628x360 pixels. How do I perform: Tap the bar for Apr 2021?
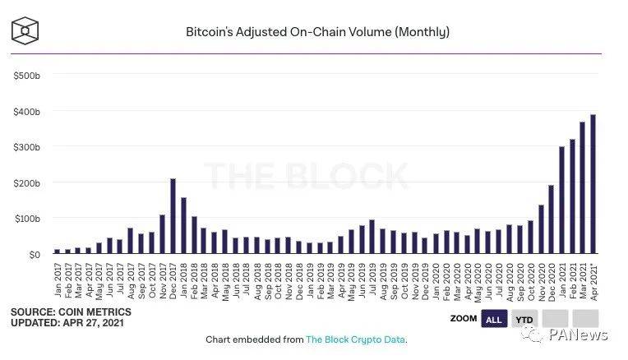[593, 184]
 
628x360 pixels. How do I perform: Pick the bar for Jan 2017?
[57, 251]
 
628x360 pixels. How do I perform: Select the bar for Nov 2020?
[541, 229]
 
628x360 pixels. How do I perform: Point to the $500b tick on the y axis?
[26, 76]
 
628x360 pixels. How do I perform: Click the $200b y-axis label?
[26, 182]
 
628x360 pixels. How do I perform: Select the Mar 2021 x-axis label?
[582, 278]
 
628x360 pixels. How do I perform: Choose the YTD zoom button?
[523, 319]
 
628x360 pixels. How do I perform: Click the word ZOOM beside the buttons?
[464, 319]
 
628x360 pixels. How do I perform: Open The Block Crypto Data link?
[356, 339]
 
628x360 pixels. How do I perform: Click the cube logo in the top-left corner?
[25, 30]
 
